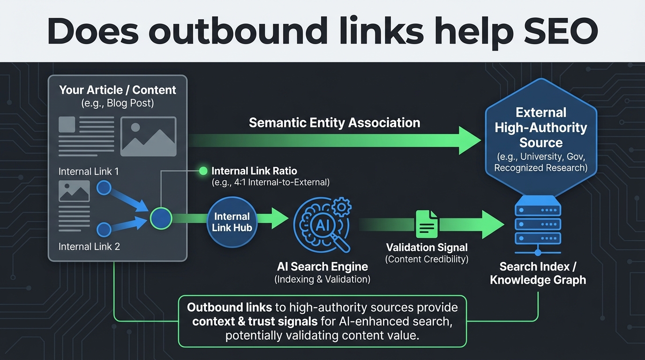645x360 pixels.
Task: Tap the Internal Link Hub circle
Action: [232, 222]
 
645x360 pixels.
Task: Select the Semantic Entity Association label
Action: [334, 123]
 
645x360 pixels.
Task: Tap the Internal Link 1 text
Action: [89, 172]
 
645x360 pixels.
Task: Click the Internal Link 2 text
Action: [89, 246]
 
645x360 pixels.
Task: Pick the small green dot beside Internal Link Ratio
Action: [203, 171]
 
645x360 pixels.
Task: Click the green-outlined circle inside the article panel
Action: [161, 219]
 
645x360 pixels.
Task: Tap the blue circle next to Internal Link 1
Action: [104, 188]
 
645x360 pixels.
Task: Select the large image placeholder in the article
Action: [148, 136]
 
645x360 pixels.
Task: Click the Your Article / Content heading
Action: [118, 90]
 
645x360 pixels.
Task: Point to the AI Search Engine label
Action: [322, 267]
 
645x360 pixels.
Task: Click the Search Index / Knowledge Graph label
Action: [538, 273]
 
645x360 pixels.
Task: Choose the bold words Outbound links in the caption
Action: [229, 307]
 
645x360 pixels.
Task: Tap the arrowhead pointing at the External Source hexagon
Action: [469, 140]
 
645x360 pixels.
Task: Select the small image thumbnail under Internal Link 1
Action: [74, 191]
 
